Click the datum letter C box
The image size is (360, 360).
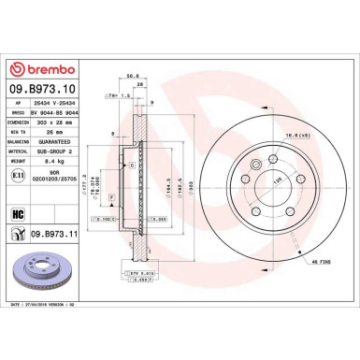(x=132, y=165)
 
